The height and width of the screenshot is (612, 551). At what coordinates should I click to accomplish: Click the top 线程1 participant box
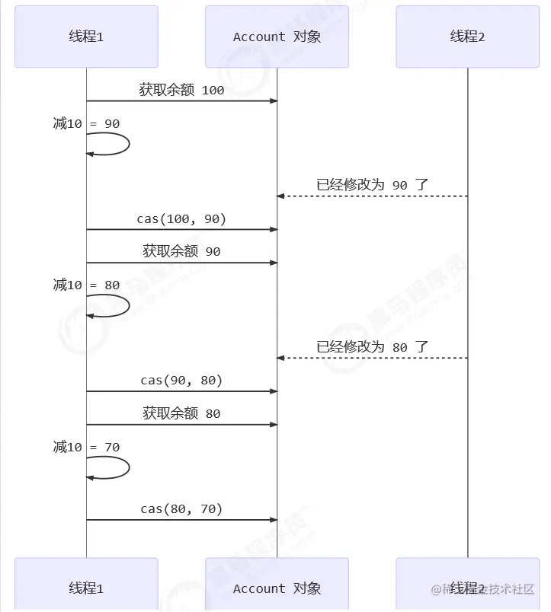(86, 37)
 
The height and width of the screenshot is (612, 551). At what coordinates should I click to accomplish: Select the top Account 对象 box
(277, 37)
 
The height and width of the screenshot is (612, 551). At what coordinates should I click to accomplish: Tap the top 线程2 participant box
(467, 37)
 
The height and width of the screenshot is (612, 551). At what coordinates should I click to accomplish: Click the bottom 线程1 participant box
(86, 588)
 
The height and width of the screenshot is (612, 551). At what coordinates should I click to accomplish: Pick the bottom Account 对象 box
(277, 588)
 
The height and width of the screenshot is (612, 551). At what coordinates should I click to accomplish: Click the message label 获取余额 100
(181, 90)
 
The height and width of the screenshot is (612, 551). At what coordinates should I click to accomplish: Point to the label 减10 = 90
(86, 123)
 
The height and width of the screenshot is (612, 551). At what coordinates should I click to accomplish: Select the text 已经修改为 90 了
(373, 185)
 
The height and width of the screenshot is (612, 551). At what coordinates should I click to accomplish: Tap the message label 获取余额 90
(181, 251)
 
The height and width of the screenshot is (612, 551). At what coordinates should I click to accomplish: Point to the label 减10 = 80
(86, 285)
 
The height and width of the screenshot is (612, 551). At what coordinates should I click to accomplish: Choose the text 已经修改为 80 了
(373, 346)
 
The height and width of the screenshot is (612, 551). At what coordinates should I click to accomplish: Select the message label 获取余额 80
(181, 413)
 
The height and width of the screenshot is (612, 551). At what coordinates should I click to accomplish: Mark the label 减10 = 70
(86, 447)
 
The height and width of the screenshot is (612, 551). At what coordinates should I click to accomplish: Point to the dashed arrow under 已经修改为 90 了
(372, 196)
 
